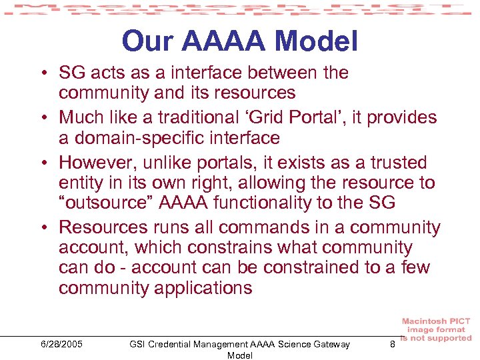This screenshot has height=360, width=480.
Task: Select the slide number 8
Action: pos(393,344)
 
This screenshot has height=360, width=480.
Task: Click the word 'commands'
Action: pos(253,227)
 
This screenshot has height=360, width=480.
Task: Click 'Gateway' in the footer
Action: pos(327,344)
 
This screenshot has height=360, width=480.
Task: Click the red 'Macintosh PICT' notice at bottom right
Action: pos(436,329)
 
